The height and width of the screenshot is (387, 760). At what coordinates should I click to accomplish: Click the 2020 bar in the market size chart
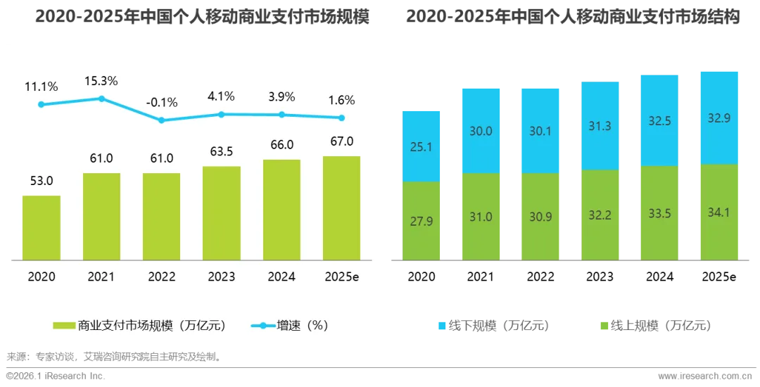click(x=42, y=228)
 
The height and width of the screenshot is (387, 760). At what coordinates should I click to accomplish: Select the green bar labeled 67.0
click(x=342, y=208)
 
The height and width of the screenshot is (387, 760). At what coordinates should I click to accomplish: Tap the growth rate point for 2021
click(x=102, y=99)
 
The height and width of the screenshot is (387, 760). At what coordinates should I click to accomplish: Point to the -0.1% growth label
click(x=162, y=103)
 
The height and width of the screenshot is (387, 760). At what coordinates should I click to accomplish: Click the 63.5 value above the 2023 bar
click(x=222, y=151)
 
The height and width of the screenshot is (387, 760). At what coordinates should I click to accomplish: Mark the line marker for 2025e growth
click(x=342, y=118)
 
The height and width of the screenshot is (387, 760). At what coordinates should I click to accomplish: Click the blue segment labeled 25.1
click(x=422, y=146)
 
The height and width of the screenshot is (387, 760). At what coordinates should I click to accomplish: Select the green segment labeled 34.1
click(x=719, y=212)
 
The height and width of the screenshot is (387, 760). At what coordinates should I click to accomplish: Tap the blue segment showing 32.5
click(x=659, y=120)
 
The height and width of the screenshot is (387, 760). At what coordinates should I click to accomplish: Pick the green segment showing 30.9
click(x=540, y=217)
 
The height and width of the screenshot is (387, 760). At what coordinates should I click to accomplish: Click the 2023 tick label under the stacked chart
click(x=600, y=277)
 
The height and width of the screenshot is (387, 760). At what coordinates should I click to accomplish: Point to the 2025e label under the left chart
click(x=342, y=277)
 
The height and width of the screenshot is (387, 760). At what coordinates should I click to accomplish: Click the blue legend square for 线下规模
click(x=442, y=326)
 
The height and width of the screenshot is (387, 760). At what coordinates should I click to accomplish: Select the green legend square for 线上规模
click(x=604, y=326)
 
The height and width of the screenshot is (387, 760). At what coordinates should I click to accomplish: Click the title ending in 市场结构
click(x=573, y=16)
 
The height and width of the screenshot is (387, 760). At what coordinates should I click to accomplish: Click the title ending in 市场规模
click(x=202, y=16)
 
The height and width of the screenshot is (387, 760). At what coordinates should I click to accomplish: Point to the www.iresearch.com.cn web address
click(x=705, y=376)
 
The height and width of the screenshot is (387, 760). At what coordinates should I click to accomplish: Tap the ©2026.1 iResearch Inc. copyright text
click(x=56, y=376)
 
